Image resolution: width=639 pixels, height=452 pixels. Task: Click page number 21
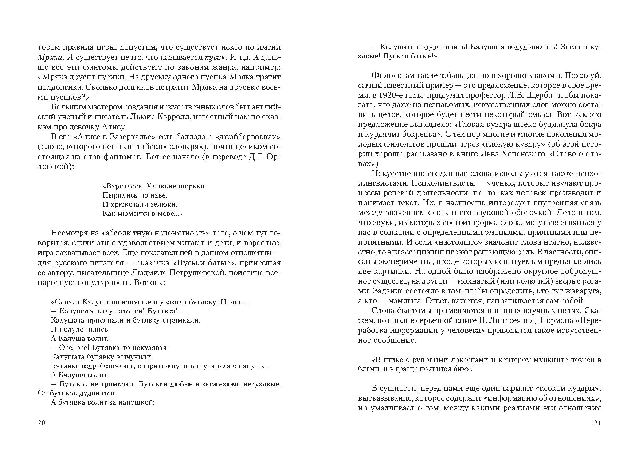[597, 423]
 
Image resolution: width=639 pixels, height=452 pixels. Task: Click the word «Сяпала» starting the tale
[66, 302]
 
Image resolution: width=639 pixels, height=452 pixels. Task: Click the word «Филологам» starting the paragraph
[393, 75]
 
